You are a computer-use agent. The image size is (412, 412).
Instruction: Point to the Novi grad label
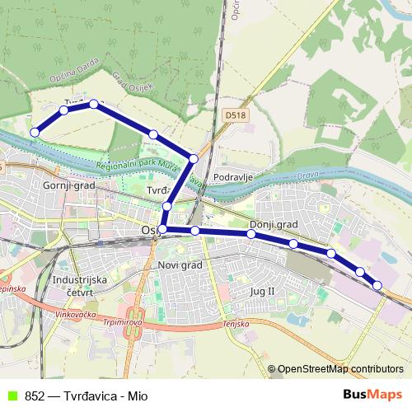179,265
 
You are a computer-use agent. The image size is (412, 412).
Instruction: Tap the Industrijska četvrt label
79,285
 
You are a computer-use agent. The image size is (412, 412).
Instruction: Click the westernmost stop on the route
35,132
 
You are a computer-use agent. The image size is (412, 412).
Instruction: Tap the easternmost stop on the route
377,285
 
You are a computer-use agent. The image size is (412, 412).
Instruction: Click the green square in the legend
11,396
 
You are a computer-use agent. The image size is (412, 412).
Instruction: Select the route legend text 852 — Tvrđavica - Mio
87,396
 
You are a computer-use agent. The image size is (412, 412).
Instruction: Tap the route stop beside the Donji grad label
251,234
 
